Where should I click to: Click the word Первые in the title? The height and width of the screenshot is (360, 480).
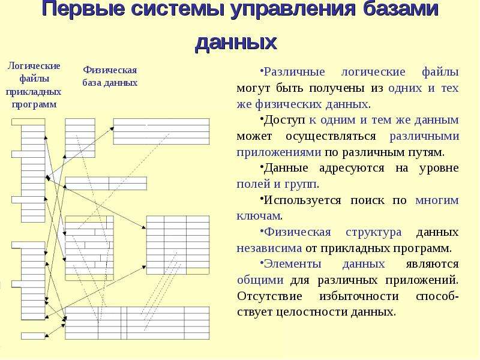tap(83, 8)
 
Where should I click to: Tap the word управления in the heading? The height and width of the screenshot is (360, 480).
tap(293, 9)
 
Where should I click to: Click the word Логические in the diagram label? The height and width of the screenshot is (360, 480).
tap(34, 66)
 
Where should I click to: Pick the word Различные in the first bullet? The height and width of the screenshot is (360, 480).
tap(294, 72)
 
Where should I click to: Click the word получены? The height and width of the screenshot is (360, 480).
tap(337, 88)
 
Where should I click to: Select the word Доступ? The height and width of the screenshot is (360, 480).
tap(284, 120)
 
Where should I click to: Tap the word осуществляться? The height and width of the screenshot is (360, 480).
tap(331, 136)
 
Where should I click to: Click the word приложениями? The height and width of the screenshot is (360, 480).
tap(279, 152)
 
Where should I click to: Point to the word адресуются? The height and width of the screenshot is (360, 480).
tap(352, 168)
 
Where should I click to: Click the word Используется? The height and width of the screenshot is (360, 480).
tap(302, 200)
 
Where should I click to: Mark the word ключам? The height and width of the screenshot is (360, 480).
tap(259, 216)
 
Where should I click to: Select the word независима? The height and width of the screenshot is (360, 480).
tap(269, 248)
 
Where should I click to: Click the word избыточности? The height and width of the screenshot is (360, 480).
tap(359, 296)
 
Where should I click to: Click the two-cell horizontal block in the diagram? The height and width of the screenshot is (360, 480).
tap(106, 184)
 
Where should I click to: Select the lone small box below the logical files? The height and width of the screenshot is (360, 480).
tap(33, 336)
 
